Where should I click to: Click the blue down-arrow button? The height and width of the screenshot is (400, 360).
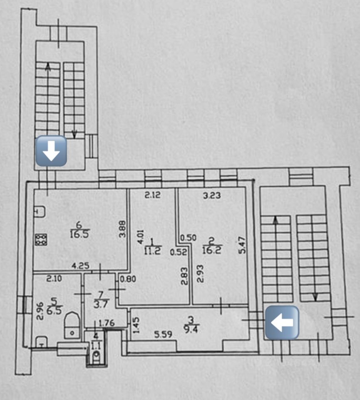point(52,151)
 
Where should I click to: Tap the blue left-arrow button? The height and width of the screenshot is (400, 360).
point(282,322)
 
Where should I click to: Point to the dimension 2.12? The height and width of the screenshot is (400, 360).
point(152,194)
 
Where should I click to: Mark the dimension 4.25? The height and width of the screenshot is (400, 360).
point(79,265)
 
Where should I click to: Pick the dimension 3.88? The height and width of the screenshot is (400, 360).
point(122,228)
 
